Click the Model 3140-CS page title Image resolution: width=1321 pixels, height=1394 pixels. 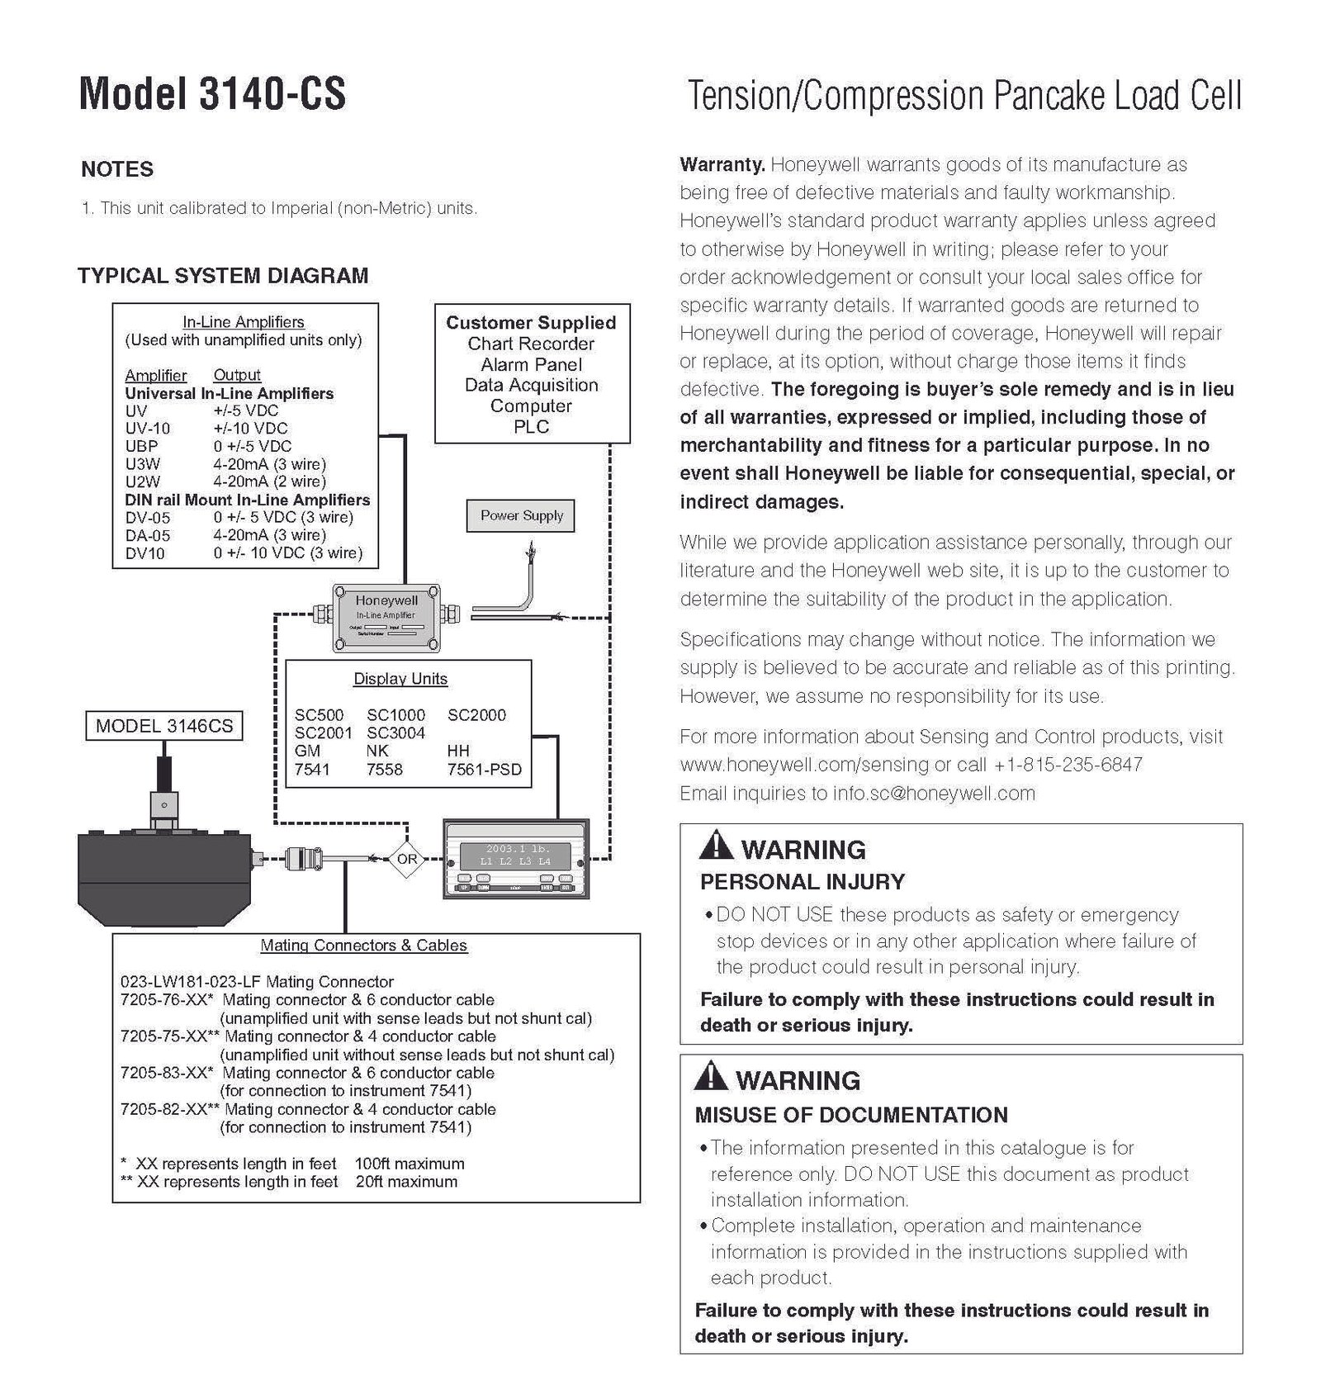[x=212, y=94]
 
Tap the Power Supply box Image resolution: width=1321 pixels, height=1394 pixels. [x=521, y=516]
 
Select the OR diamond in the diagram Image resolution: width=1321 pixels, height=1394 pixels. [x=408, y=859]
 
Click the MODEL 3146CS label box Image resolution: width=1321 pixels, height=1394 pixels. [x=164, y=727]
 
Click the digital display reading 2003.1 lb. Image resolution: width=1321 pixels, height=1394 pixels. [x=517, y=849]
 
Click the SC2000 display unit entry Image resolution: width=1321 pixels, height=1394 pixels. [x=476, y=715]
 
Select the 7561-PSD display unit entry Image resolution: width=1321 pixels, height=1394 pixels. [x=485, y=770]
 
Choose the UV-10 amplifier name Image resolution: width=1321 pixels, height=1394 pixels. [x=148, y=429]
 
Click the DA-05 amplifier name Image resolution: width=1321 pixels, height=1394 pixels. [x=148, y=535]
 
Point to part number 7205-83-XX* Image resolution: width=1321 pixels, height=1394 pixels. [x=166, y=1073]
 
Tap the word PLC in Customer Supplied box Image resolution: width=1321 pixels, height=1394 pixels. [x=531, y=427]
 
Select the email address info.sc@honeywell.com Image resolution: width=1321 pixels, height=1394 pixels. [x=933, y=794]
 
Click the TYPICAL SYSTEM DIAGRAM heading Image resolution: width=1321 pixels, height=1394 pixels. [x=223, y=276]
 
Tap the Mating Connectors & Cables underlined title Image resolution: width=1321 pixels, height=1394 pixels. [x=363, y=946]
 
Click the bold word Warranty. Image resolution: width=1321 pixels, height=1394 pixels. [x=722, y=164]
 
